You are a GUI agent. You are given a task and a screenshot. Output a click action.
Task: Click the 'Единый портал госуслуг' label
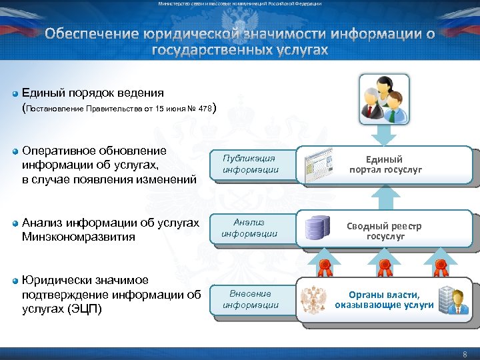384,165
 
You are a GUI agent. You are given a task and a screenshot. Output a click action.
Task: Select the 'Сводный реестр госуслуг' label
384,231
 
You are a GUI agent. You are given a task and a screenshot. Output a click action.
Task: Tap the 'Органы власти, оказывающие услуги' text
384,300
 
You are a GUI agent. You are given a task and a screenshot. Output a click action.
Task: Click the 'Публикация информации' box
250,164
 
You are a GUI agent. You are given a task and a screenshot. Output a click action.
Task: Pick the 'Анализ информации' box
250,228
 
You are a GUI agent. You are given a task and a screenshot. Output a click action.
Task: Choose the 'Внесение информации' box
250,299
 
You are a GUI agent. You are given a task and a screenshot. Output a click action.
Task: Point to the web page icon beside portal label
316,164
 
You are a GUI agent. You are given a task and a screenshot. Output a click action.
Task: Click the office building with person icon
455,299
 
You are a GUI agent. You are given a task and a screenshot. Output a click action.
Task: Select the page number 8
465,355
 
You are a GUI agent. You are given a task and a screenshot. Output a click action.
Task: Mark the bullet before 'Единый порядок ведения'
15,93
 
